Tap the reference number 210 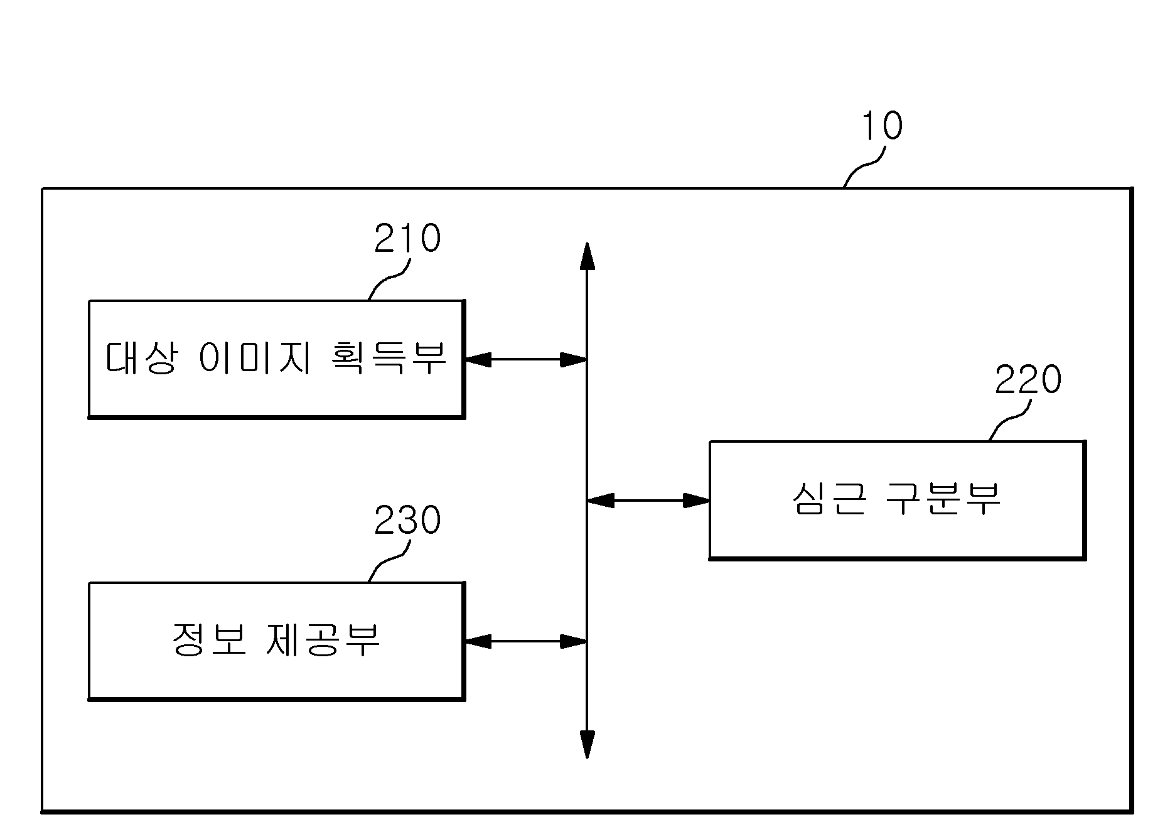[x=407, y=239]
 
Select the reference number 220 [x=1028, y=379]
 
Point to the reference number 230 [x=407, y=521]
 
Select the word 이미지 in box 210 [x=255, y=358]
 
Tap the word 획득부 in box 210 [x=387, y=358]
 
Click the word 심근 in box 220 [x=829, y=499]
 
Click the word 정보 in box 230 [x=208, y=640]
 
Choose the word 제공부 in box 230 [x=322, y=640]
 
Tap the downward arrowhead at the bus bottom [x=587, y=744]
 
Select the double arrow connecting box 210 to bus [x=525, y=359]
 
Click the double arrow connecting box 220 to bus [x=648, y=501]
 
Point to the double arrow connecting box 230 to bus [x=525, y=641]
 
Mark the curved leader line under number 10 [x=864, y=166]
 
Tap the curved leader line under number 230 [x=389, y=561]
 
